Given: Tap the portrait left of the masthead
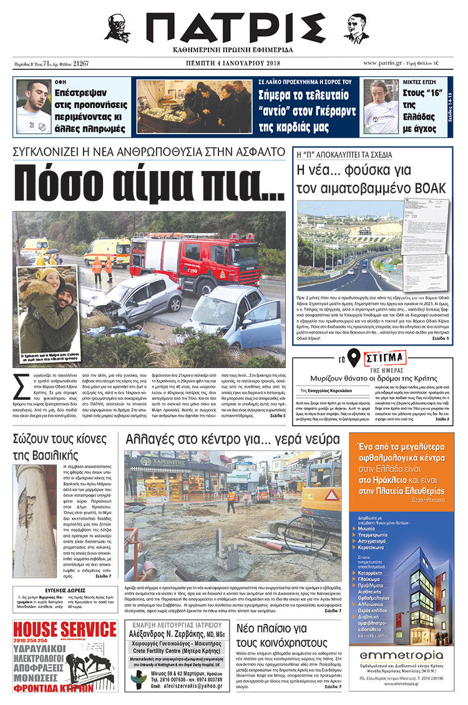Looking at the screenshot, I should click(x=117, y=28).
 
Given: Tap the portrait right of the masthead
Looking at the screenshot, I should click(x=356, y=28).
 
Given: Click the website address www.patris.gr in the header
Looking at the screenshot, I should click(x=387, y=63).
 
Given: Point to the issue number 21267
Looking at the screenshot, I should click(x=80, y=64).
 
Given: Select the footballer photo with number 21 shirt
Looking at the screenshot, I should click(x=34, y=106).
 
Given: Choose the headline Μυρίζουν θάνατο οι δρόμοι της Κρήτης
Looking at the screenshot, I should click(x=372, y=378).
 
